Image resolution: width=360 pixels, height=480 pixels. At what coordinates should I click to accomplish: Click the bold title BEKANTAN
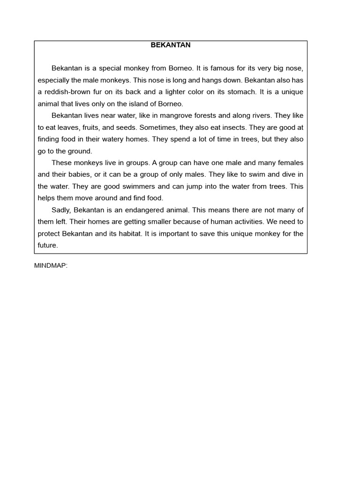tap(171, 45)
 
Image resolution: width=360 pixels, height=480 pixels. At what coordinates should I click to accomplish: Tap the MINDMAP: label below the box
tap(51, 265)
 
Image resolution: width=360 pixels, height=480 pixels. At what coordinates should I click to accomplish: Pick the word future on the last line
tap(47, 245)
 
